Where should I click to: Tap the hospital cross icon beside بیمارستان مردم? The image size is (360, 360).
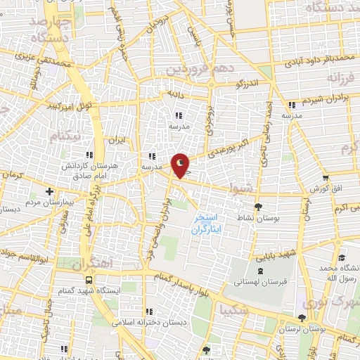click(49, 191)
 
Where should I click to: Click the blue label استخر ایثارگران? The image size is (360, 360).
click(208, 224)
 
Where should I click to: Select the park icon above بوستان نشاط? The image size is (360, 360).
click(259, 207)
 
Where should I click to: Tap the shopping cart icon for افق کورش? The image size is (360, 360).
click(325, 179)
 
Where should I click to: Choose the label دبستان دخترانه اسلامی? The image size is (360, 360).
click(149, 323)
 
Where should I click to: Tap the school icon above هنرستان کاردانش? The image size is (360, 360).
click(88, 155)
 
